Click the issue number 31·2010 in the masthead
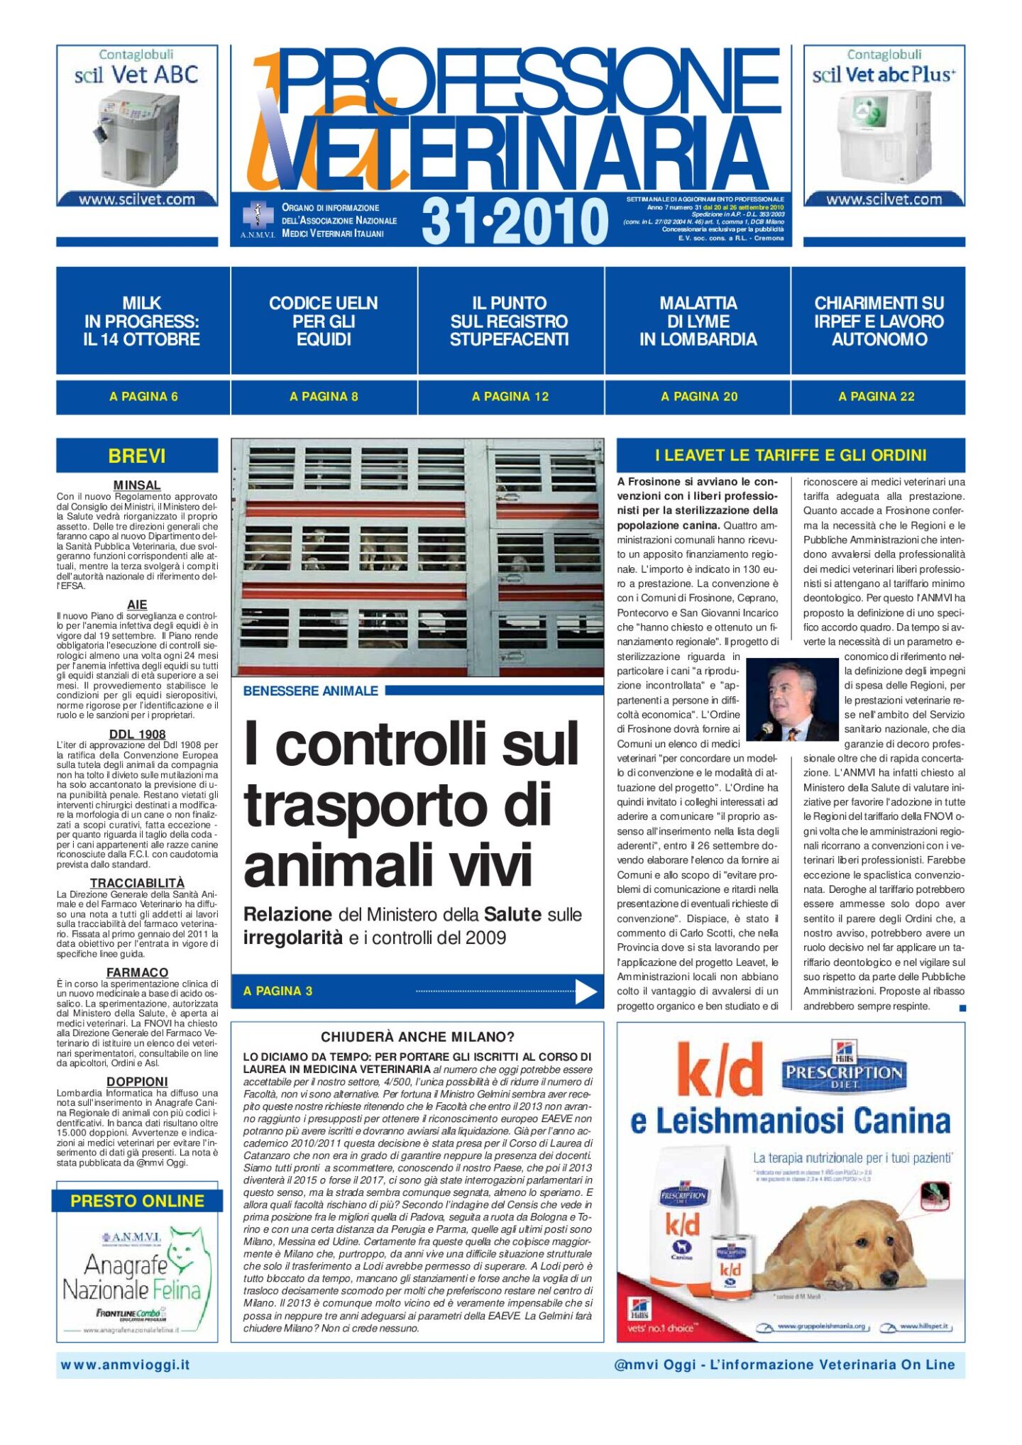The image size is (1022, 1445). click(515, 221)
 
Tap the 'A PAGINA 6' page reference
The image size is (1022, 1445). click(143, 397)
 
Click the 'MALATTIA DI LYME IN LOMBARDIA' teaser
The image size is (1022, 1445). click(698, 321)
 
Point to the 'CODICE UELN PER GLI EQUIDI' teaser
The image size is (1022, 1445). click(324, 321)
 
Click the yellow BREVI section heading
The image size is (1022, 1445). click(137, 456)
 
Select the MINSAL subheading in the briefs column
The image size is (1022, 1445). click(137, 485)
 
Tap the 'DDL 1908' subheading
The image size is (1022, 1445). click(137, 734)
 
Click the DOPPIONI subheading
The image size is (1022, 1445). click(137, 1082)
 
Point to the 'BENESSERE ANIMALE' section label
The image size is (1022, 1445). click(310, 691)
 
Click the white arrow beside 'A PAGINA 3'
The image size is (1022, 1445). click(586, 991)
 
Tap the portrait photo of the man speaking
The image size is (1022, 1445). click(792, 700)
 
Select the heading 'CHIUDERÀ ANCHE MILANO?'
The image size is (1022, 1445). click(417, 1037)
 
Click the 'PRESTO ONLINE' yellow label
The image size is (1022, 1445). click(137, 1201)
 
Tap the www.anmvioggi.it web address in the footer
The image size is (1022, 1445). click(126, 1365)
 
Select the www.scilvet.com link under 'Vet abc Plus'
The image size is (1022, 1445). click(884, 199)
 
